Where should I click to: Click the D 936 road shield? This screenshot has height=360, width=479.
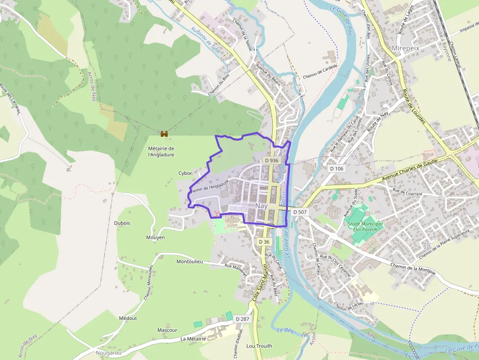pyautogui.click(x=271, y=160)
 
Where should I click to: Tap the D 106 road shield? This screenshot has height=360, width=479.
pyautogui.click(x=337, y=169)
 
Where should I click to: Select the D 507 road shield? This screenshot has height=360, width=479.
pyautogui.click(x=301, y=212)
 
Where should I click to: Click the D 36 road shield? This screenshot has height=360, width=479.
pyautogui.click(x=264, y=242)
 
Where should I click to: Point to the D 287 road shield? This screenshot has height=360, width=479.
pyautogui.click(x=242, y=318)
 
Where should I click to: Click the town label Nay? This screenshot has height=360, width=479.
pyautogui.click(x=261, y=206)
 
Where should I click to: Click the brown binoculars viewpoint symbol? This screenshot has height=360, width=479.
pyautogui.click(x=164, y=134)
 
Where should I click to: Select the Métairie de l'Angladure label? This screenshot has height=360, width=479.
pyautogui.click(x=161, y=151)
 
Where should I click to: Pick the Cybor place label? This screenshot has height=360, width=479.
pyautogui.click(x=185, y=173)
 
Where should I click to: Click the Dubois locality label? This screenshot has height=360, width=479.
pyautogui.click(x=122, y=223)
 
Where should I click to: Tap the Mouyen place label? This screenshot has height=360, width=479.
pyautogui.click(x=155, y=237)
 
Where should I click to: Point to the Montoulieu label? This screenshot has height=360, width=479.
pyautogui.click(x=189, y=262)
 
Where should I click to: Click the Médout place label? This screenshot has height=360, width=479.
pyautogui.click(x=128, y=318)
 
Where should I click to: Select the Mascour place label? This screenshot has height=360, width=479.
pyautogui.click(x=167, y=330)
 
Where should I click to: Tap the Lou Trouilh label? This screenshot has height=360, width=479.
pyautogui.click(x=259, y=346)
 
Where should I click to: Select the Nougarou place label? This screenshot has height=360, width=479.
pyautogui.click(x=109, y=352)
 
